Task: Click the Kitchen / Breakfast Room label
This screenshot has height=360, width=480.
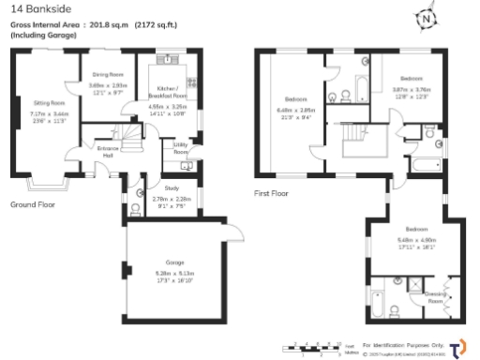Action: pyautogui.click(x=167, y=96)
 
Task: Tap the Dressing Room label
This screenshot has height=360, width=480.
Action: pyautogui.click(x=435, y=295)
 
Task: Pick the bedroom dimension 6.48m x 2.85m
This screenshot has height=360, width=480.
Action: pyautogui.click(x=297, y=112)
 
